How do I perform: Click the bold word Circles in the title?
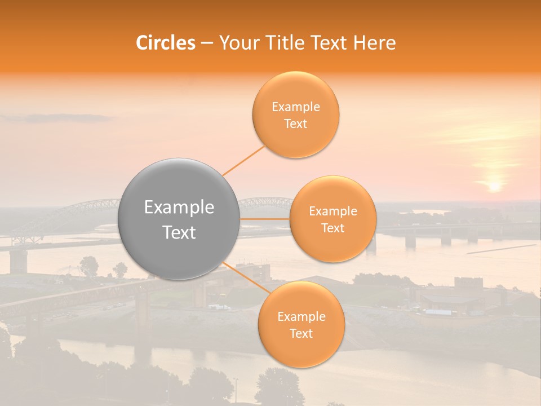point(166,43)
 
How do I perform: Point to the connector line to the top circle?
point(243,161)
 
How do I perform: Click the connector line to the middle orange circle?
point(265,219)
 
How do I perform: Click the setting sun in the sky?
point(494,186)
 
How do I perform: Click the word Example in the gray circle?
point(179,208)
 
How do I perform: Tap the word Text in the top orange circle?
point(295,124)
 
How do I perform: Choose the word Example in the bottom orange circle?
point(301,316)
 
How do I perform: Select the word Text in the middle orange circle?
point(332,228)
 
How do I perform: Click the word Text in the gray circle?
point(179,232)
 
